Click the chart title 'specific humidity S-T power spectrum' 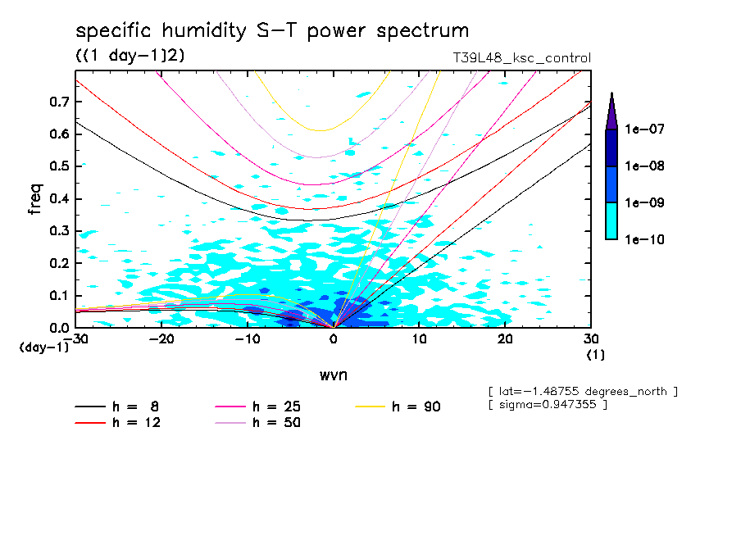272,31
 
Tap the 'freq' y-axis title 35,199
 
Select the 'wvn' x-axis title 333,375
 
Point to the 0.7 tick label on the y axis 58,102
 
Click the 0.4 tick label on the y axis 58,199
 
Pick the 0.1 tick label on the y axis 58,296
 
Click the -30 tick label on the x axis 75,338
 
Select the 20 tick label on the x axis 505,338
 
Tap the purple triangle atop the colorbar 611,111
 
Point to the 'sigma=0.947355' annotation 547,406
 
